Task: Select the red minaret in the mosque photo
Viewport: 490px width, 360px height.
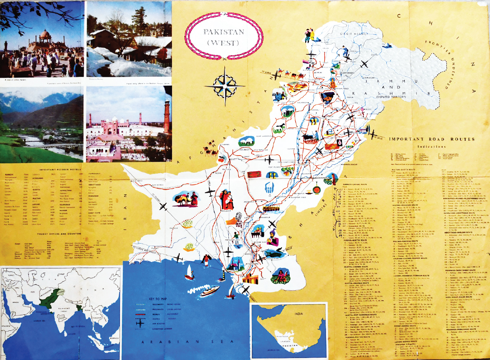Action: pos(166,117)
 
